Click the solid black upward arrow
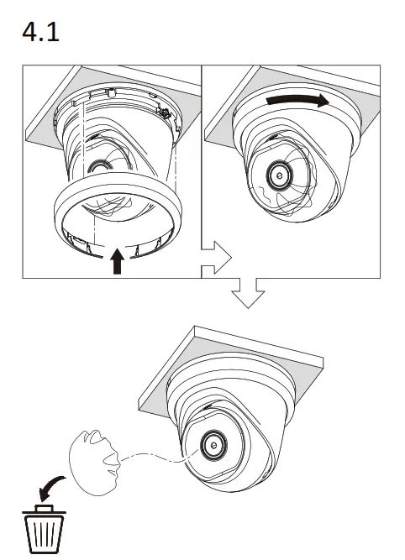pos(118,261)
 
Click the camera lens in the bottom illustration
pos(212,447)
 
